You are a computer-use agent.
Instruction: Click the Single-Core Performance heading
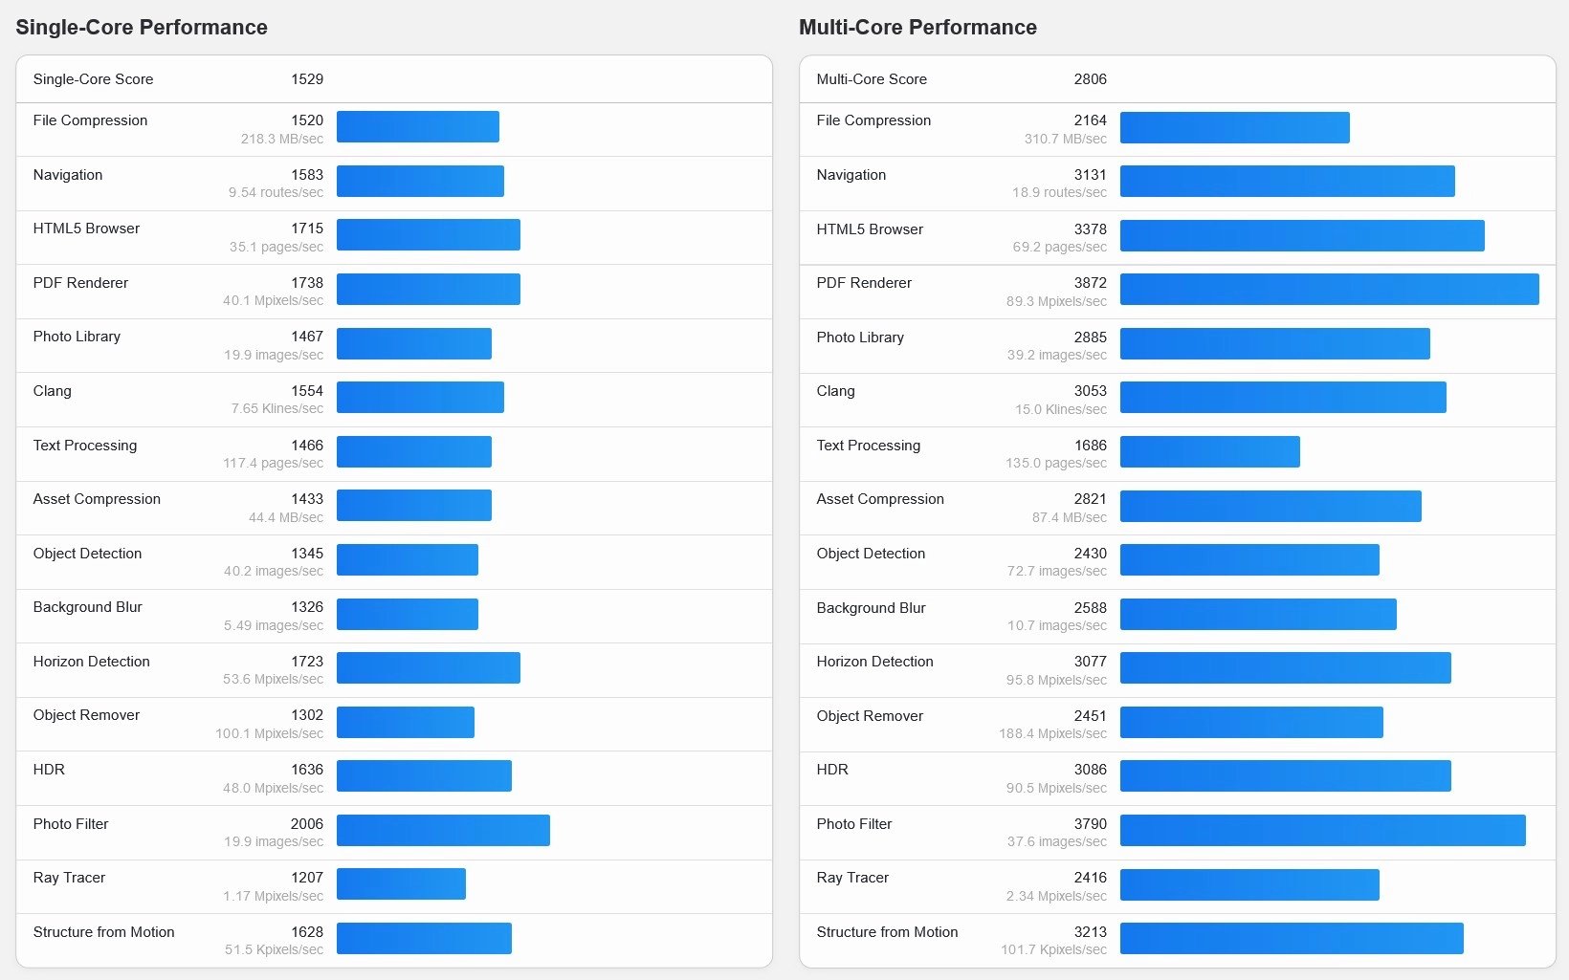(x=142, y=28)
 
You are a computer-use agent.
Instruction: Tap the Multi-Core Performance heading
(x=917, y=28)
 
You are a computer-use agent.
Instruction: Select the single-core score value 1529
(x=307, y=79)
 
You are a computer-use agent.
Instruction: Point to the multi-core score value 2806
(x=1090, y=79)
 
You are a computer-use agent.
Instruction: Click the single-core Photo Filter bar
(x=443, y=830)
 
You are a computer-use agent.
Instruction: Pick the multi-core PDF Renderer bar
(x=1329, y=290)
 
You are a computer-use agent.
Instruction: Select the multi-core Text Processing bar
(x=1209, y=451)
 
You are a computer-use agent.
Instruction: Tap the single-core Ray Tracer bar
(x=401, y=883)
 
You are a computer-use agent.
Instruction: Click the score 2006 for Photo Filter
(x=307, y=824)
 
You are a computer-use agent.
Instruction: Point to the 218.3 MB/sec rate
(x=282, y=139)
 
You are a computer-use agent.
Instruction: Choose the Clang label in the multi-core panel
(x=835, y=391)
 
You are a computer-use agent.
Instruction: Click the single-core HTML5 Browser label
(x=86, y=229)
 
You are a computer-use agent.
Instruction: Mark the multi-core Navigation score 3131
(x=1090, y=175)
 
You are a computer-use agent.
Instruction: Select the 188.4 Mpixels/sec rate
(x=1052, y=733)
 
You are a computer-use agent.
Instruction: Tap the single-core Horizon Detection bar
(x=428, y=667)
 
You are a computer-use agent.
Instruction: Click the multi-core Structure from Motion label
(x=887, y=932)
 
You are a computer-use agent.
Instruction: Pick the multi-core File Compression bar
(x=1234, y=127)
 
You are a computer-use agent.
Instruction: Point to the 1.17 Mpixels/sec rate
(x=274, y=896)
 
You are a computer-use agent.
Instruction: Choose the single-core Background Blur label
(x=87, y=607)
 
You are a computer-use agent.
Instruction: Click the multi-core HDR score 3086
(x=1090, y=770)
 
